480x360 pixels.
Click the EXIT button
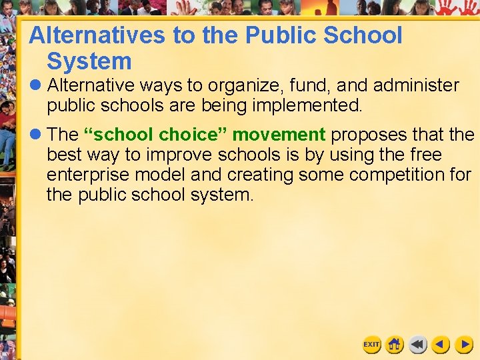coord(371,345)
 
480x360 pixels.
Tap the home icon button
coord(395,345)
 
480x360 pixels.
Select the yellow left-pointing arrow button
coord(440,345)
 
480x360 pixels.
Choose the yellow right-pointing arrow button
coord(463,345)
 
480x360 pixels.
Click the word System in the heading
coord(89,62)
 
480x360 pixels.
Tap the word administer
coord(416,86)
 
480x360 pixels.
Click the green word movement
coord(279,135)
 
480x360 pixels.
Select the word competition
coord(382,175)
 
